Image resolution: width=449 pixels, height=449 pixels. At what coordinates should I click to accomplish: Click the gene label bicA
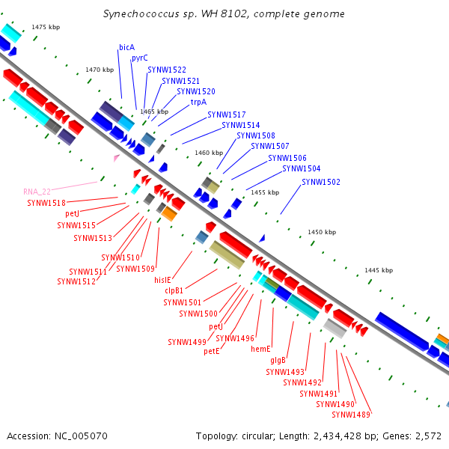[x=127, y=47]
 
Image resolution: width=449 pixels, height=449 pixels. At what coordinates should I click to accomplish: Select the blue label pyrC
[x=140, y=58]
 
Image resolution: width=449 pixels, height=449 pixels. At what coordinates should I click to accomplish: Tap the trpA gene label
[x=198, y=103]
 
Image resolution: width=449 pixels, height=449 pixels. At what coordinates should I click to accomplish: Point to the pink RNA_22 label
[x=37, y=192]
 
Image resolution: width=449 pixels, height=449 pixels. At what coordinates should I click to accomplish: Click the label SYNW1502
[x=321, y=182]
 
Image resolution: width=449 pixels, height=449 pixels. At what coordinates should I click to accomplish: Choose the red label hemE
[x=260, y=349]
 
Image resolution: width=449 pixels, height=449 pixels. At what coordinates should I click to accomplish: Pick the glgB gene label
[x=278, y=360]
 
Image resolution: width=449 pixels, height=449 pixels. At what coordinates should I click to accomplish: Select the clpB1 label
[x=174, y=290]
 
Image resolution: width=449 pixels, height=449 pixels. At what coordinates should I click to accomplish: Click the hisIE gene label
[x=162, y=280]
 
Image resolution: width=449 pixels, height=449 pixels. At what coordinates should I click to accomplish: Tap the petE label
[x=212, y=351]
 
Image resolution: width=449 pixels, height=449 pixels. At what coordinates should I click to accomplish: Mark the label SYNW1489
[x=351, y=415]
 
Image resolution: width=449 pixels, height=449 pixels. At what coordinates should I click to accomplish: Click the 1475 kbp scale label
[x=46, y=27]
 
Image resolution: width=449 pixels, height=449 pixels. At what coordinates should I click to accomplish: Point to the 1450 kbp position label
[x=322, y=232]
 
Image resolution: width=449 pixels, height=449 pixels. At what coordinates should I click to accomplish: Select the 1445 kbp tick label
[x=379, y=270]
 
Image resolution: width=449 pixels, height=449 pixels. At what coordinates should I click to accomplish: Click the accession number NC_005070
[x=81, y=436]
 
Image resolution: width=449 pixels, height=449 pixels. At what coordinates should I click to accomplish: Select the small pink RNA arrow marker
[x=116, y=158]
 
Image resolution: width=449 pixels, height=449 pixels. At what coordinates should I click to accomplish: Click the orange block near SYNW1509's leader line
[x=169, y=213]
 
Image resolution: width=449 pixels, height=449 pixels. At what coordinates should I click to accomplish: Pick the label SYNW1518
[x=46, y=203]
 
